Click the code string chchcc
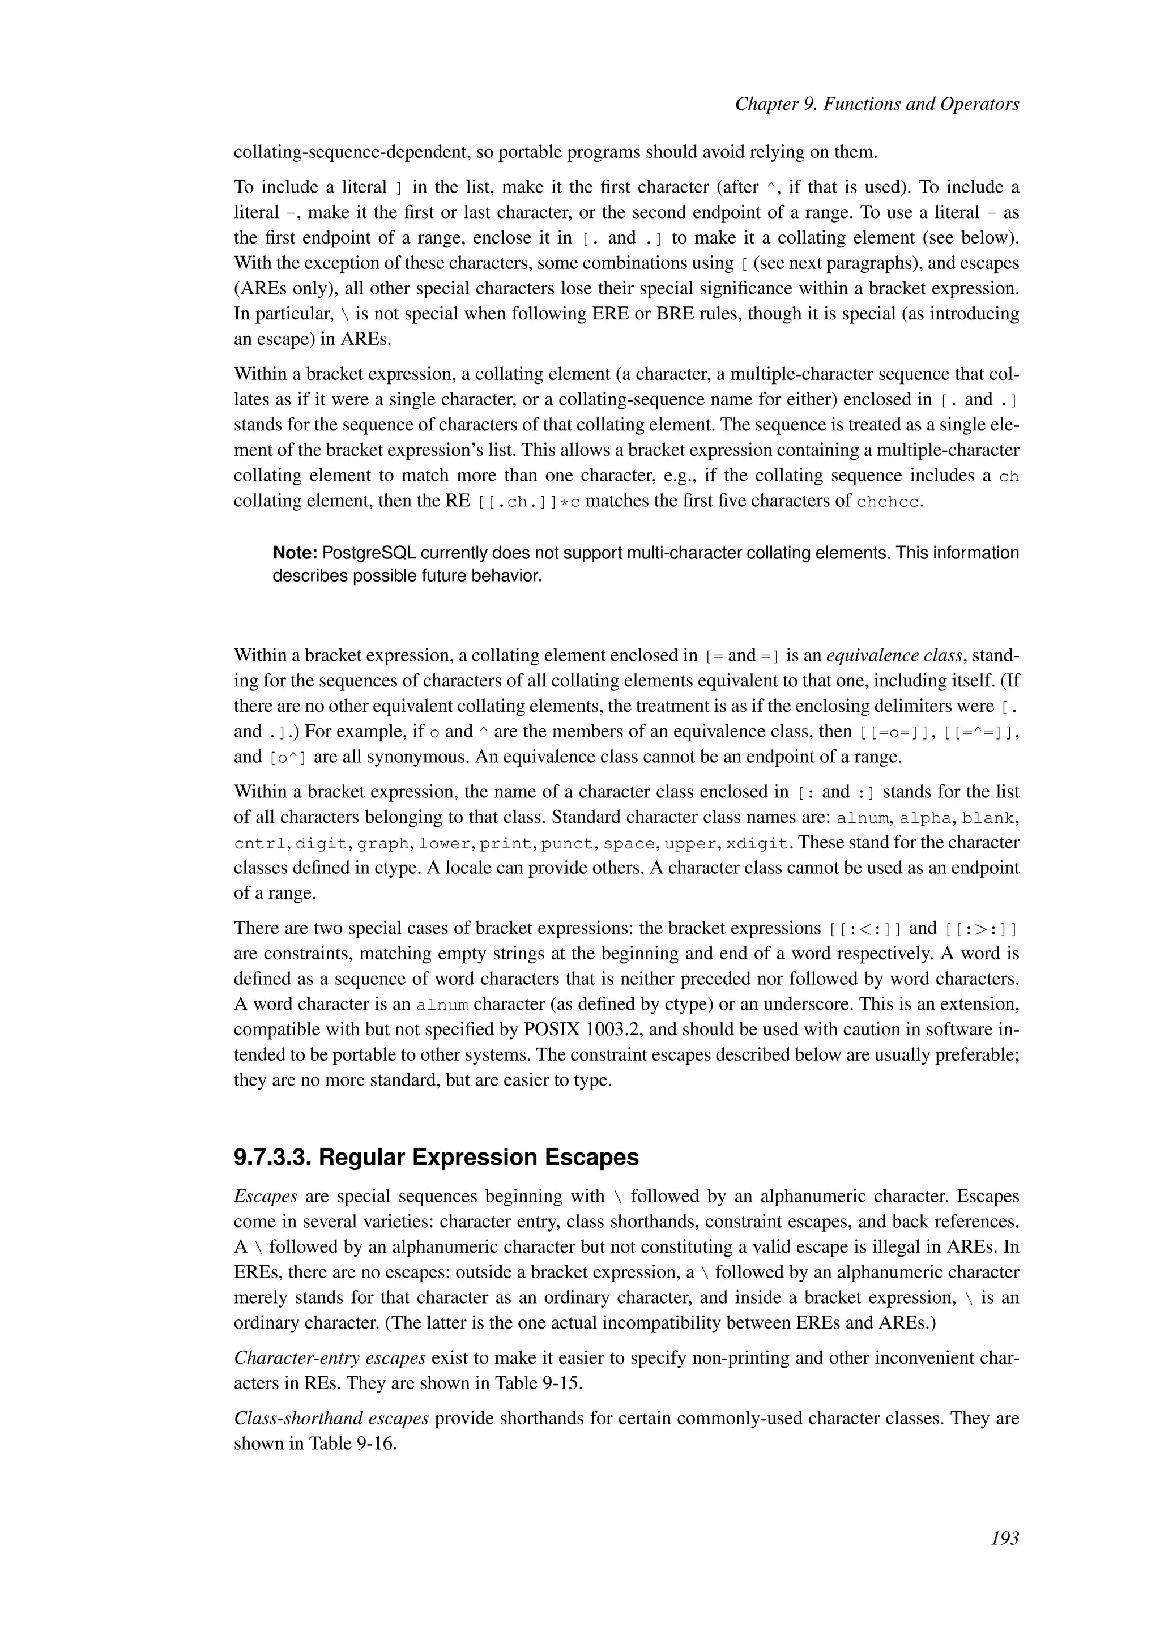tap(889, 501)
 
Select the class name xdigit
tap(758, 844)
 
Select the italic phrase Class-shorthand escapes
tap(331, 1418)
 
